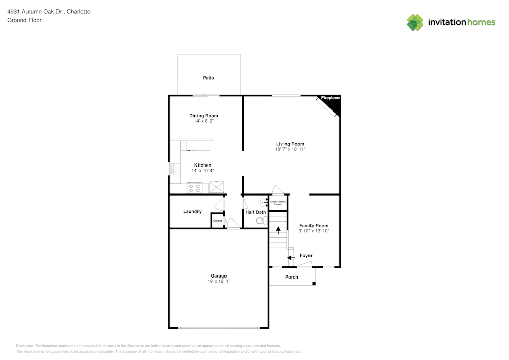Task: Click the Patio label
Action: point(208,78)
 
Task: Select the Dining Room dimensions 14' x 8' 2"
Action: point(204,121)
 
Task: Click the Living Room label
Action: point(290,144)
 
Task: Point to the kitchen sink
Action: point(175,169)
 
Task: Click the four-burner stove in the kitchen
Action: point(194,187)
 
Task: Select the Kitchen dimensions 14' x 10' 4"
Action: point(203,171)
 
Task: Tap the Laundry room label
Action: point(192,211)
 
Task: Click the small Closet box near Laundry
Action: point(217,221)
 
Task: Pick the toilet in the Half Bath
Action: point(262,221)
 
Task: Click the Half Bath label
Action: point(256,212)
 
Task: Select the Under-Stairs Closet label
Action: point(278,203)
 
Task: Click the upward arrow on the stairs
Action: point(278,230)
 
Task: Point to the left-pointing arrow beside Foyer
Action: point(291,257)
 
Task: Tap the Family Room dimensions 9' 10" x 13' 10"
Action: point(314,231)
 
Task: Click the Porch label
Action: point(291,277)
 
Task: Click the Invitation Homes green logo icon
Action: point(415,22)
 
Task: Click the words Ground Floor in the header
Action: point(24,20)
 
